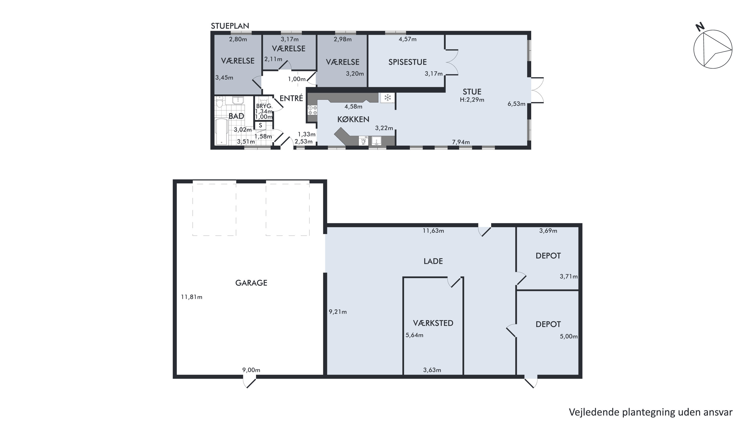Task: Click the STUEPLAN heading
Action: pos(230,26)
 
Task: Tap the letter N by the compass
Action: pos(700,27)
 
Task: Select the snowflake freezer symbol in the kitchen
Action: pos(388,97)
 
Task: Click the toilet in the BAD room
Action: pos(220,102)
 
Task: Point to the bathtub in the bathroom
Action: pos(222,132)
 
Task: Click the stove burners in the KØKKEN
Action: pos(312,110)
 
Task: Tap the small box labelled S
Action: pos(260,125)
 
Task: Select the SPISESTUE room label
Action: pos(407,62)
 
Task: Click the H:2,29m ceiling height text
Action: pos(472,100)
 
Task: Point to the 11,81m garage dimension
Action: pos(191,297)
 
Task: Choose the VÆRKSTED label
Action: pos(433,323)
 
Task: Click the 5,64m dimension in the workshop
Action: pos(414,335)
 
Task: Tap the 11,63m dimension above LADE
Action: pos(433,231)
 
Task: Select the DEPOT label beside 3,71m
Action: pos(548,256)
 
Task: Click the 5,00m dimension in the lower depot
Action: pos(569,336)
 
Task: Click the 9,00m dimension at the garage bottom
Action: pos(251,370)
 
